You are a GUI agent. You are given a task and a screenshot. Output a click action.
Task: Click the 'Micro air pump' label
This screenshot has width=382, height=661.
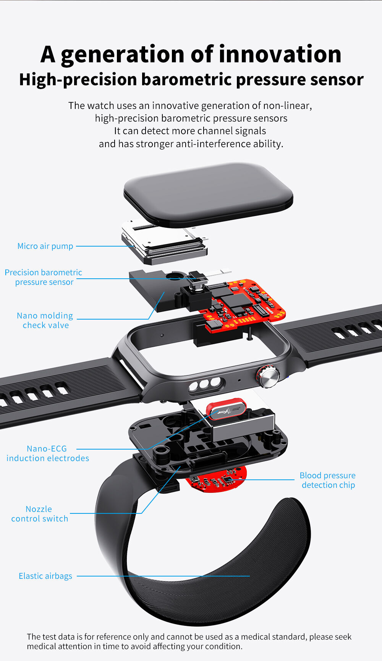pyautogui.click(x=45, y=246)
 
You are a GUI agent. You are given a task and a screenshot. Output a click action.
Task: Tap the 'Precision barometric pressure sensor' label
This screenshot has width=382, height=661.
pyautogui.click(x=44, y=277)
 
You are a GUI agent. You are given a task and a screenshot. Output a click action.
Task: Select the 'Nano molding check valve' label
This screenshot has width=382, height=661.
pyautogui.click(x=45, y=320)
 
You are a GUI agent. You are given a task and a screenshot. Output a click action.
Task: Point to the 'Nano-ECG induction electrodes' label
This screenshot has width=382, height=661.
pyautogui.click(x=47, y=453)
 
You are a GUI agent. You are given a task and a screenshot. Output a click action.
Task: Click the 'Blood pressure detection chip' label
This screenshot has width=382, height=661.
pyautogui.click(x=328, y=480)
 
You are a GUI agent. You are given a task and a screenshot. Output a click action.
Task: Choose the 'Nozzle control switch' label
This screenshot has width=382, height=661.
pyautogui.click(x=39, y=514)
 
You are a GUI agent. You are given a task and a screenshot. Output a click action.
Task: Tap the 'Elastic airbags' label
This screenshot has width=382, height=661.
pyautogui.click(x=45, y=576)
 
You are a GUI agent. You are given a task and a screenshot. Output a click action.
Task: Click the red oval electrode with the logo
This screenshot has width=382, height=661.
pyautogui.click(x=226, y=409)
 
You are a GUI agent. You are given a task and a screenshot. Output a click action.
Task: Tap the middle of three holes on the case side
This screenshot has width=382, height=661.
pyautogui.click(x=205, y=384)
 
